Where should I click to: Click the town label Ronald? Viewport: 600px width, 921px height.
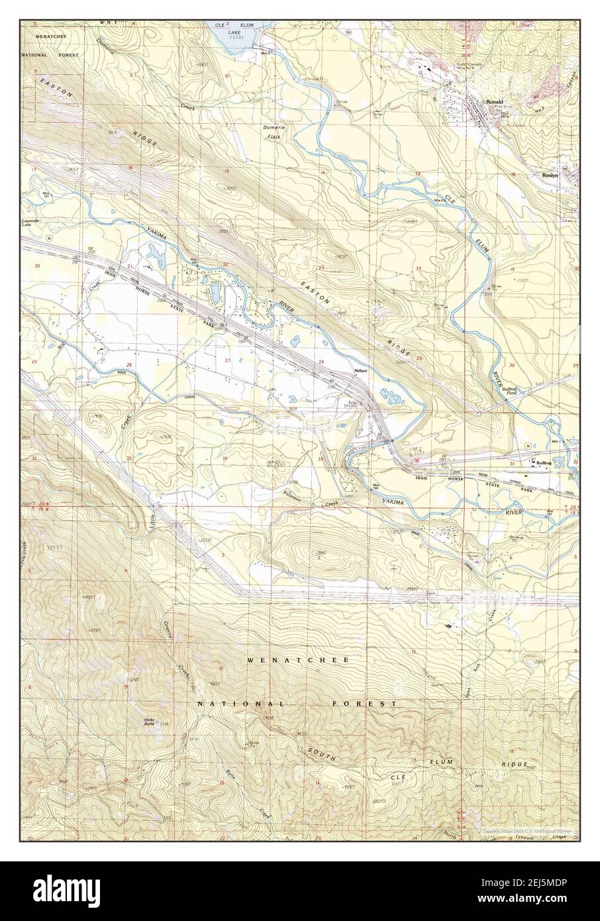[494, 101]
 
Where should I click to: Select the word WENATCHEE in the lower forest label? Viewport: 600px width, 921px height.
[299, 661]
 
